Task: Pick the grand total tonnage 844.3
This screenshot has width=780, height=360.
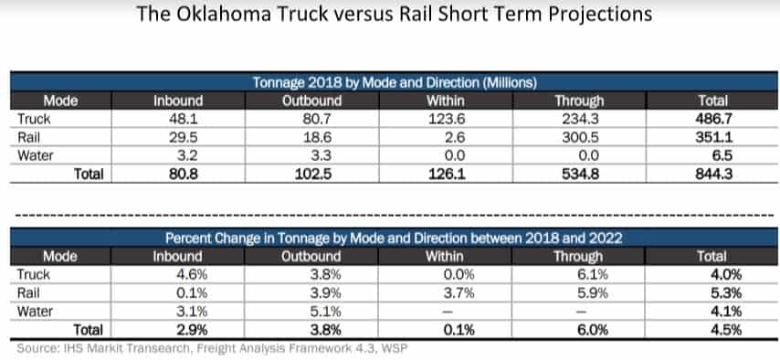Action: (x=715, y=175)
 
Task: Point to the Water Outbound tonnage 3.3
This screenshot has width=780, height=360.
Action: (x=321, y=156)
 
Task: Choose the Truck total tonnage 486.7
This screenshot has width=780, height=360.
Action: (x=715, y=119)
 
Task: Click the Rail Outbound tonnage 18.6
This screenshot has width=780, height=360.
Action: (x=317, y=137)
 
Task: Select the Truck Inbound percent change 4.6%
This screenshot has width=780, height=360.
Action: (x=193, y=274)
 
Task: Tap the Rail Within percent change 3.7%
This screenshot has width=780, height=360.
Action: (x=459, y=292)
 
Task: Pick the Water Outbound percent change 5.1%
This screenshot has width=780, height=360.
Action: (x=326, y=312)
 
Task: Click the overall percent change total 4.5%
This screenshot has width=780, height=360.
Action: (x=726, y=330)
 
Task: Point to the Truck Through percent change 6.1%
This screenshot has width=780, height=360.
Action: (x=593, y=274)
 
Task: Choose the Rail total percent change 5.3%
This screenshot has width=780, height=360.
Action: (x=726, y=292)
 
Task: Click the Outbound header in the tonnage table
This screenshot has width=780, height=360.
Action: (x=311, y=101)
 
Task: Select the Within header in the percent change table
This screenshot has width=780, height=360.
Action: (x=444, y=257)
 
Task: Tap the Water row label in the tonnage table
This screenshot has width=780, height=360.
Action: (x=36, y=156)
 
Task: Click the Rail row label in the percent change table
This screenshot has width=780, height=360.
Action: (x=28, y=292)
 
